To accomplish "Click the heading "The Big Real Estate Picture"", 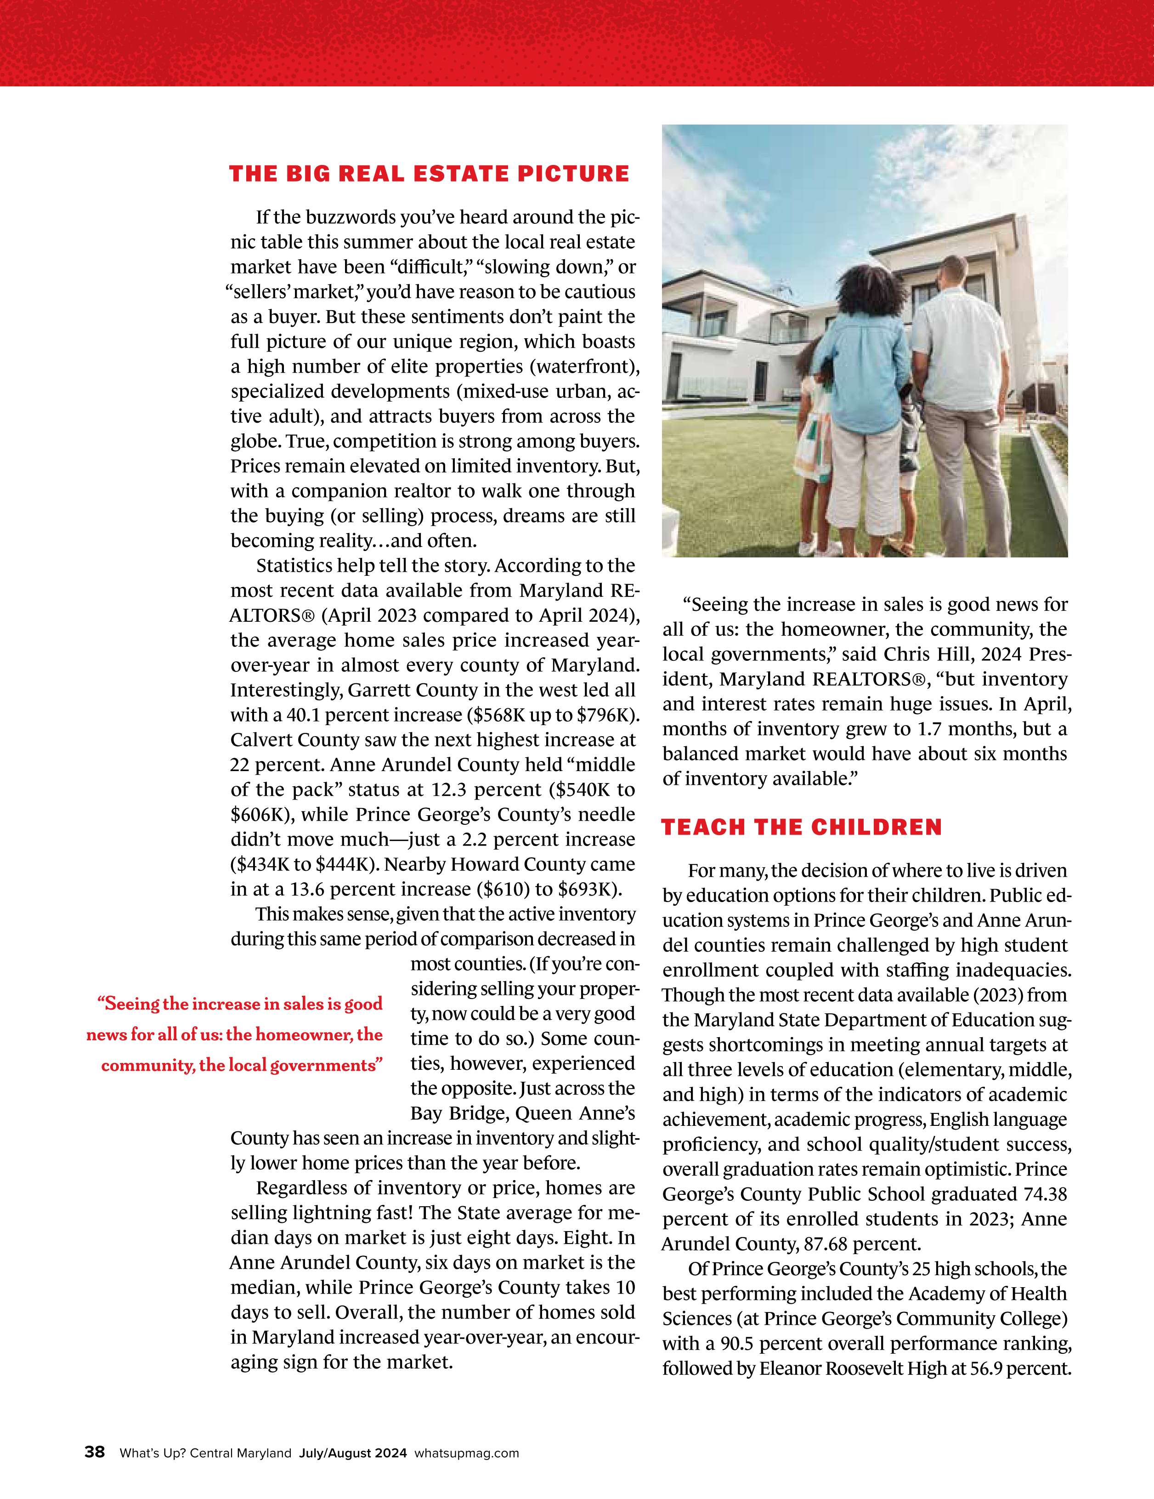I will [x=429, y=174].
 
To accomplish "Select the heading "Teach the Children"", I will [x=801, y=828].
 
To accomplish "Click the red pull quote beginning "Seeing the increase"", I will [x=235, y=1034].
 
